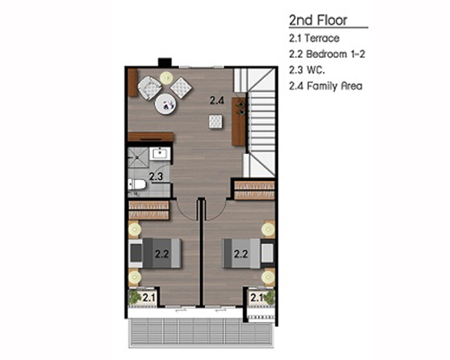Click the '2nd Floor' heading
tap(318, 20)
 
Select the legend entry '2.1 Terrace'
tap(314, 38)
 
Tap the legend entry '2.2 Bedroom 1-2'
tap(327, 54)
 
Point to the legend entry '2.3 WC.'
tap(307, 70)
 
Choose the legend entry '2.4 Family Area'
tap(325, 86)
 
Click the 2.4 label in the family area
tap(217, 100)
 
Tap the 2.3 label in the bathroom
tap(156, 176)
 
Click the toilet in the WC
tap(137, 184)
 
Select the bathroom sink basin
tap(160, 153)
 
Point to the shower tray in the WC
tap(138, 157)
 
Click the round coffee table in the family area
tap(165, 104)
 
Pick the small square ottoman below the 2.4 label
tap(215, 121)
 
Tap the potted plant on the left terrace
tap(134, 297)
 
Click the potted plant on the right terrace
tap(269, 297)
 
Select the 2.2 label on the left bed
tap(162, 253)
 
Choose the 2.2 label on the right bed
tap(241, 253)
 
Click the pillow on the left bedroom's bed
tap(136, 253)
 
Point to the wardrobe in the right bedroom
tap(254, 190)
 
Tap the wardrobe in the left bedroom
tap(148, 211)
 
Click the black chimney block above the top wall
tap(165, 62)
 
